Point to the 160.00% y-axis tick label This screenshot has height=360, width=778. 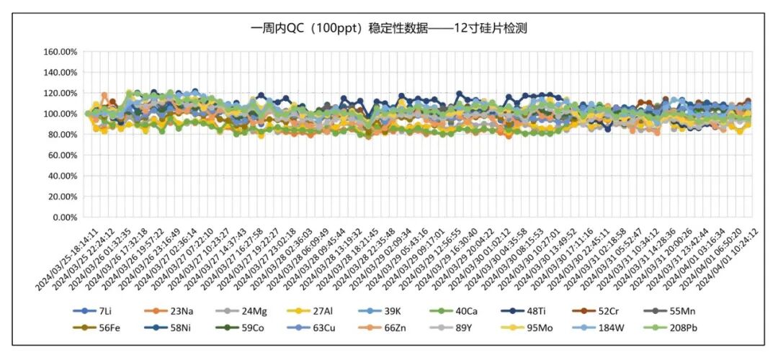click(61, 53)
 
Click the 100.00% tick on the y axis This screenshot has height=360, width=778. click(61, 114)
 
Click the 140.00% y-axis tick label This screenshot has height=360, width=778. click(61, 73)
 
